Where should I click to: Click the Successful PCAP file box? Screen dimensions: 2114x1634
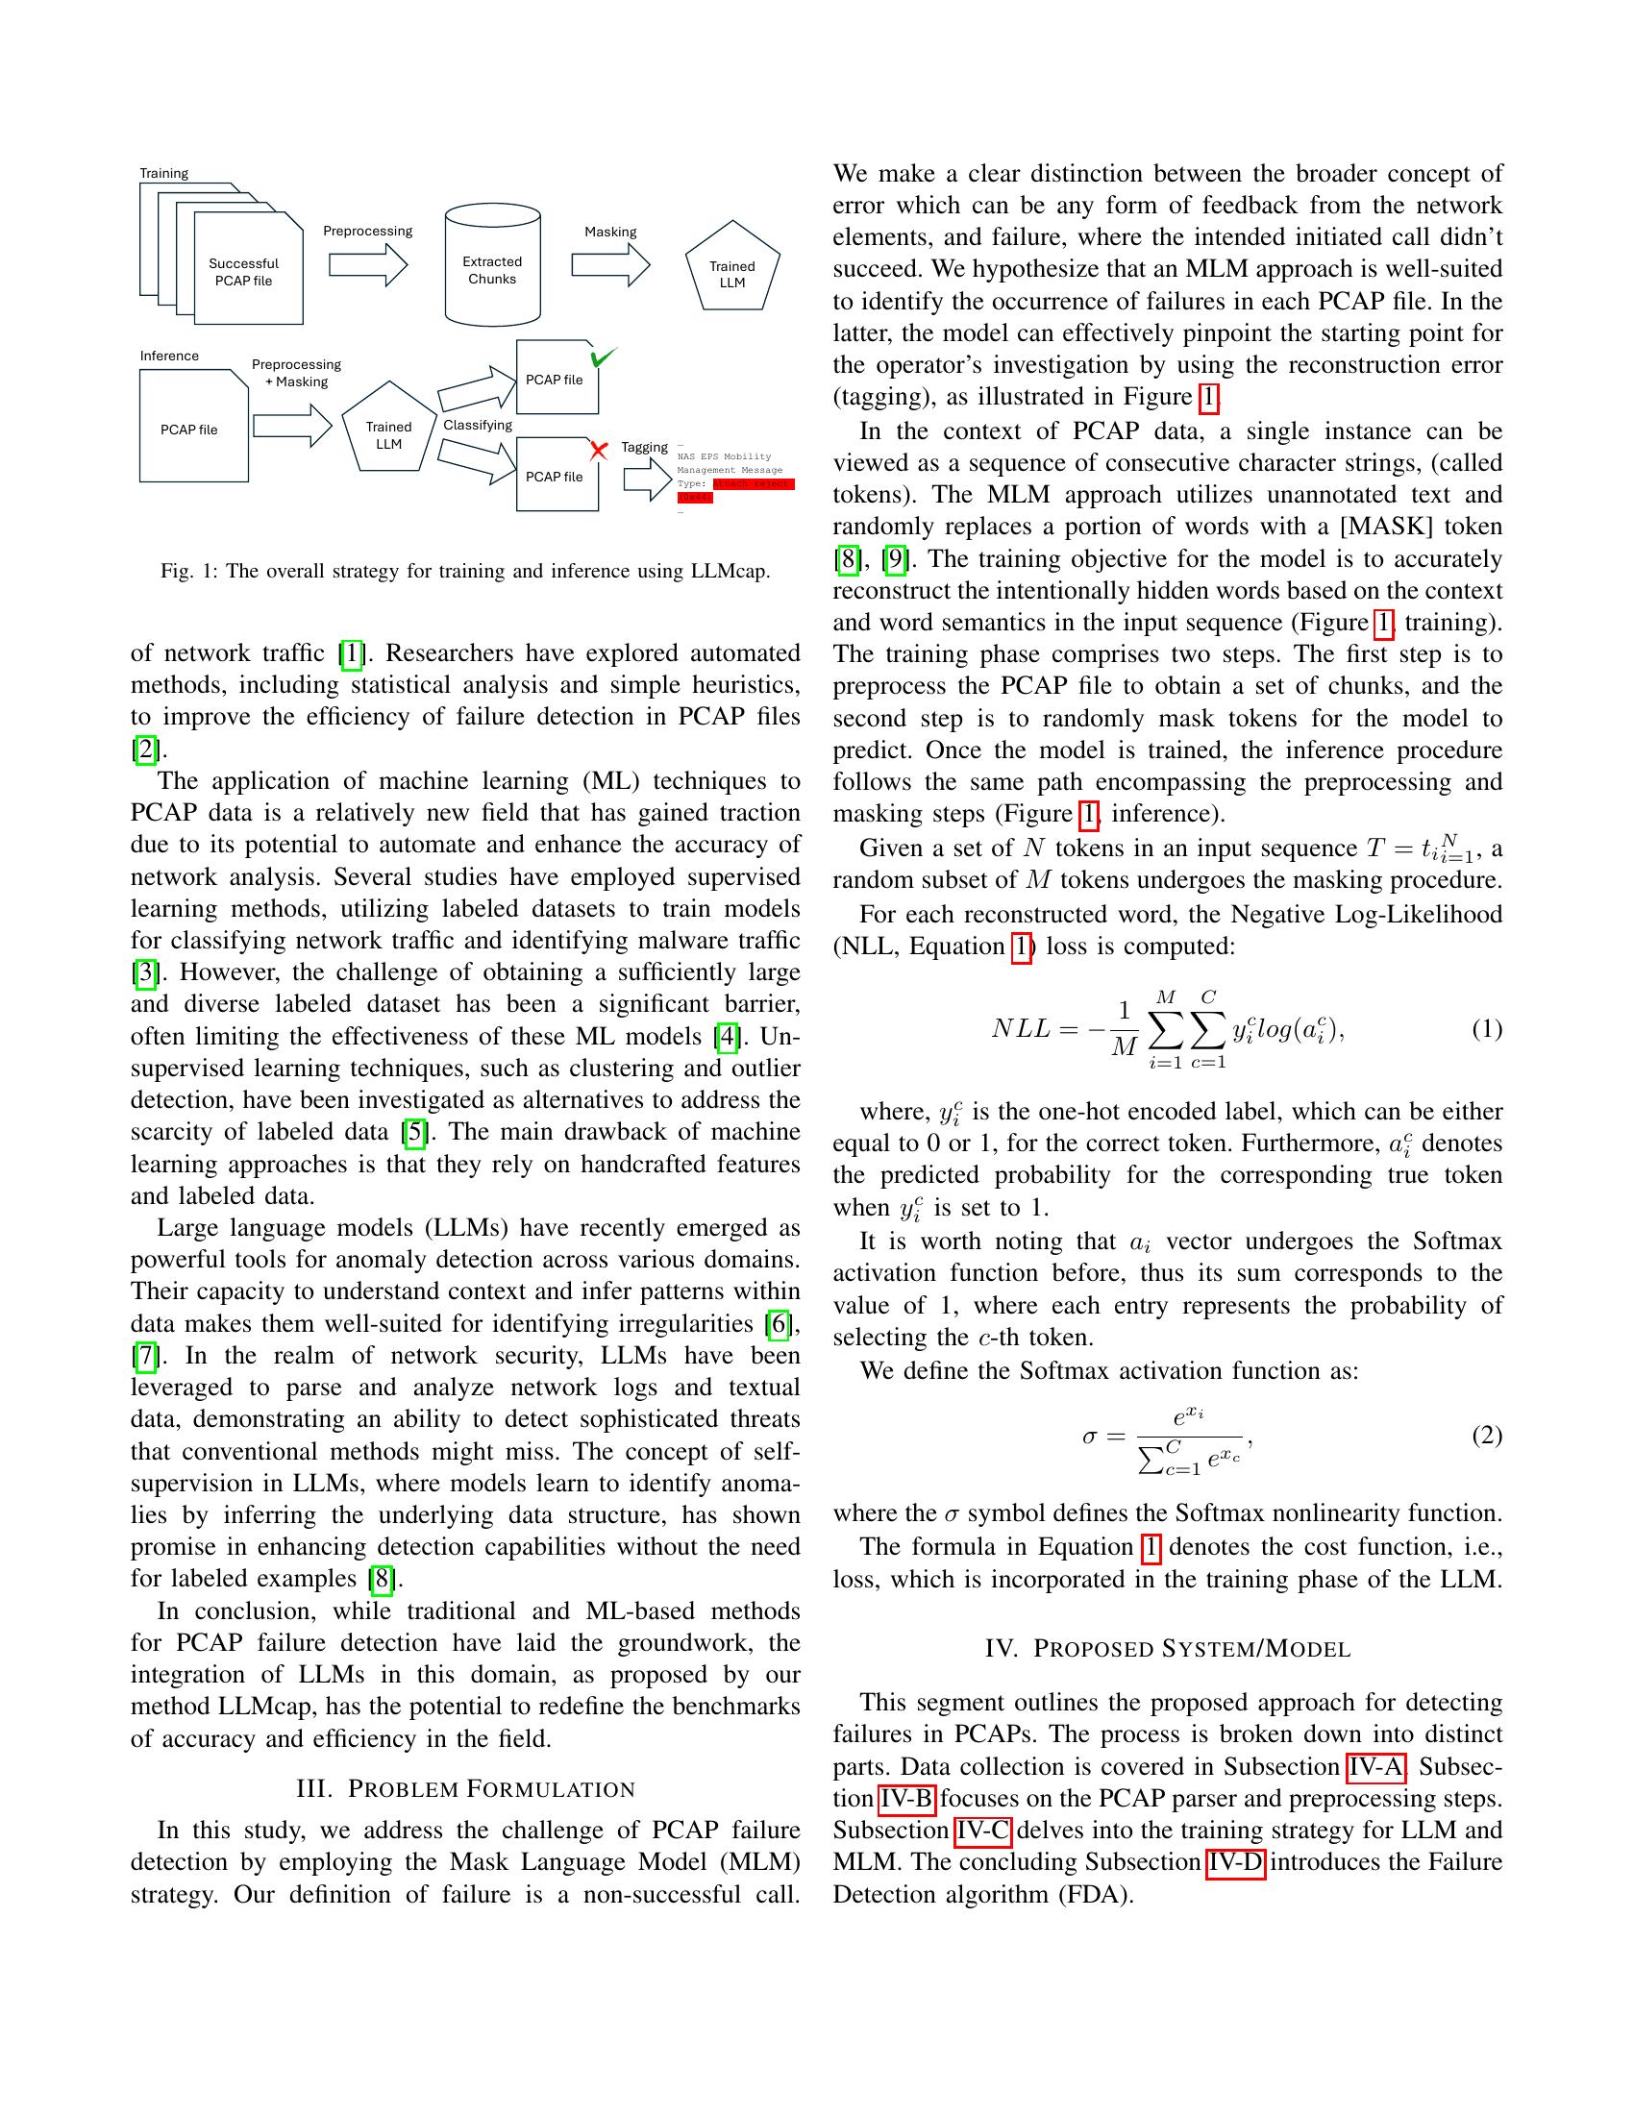coord(248,271)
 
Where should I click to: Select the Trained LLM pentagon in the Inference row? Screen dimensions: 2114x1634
coord(388,432)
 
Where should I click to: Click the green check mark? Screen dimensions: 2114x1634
coord(602,357)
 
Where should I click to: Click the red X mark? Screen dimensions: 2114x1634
coord(598,450)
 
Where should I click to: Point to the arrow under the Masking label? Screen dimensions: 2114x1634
coord(609,264)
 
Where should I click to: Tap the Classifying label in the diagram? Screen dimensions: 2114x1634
coord(478,425)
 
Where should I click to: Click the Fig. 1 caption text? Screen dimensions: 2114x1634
coord(464,571)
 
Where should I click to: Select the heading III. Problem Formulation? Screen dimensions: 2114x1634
coord(464,1789)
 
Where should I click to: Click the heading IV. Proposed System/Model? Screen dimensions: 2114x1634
coord(1167,1648)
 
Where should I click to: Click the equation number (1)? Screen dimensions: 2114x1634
coord(1486,1029)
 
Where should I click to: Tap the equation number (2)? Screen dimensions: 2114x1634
coord(1486,1435)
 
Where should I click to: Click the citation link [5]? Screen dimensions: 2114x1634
coord(413,1132)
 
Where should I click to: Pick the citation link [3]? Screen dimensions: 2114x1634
coord(144,971)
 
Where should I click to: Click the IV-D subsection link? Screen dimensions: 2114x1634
coord(1235,1862)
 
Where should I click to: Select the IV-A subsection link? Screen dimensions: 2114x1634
coord(1375,1766)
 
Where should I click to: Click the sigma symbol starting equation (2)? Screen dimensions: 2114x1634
coord(1090,1437)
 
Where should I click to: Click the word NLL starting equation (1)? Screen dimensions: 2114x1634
coord(1019,1029)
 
